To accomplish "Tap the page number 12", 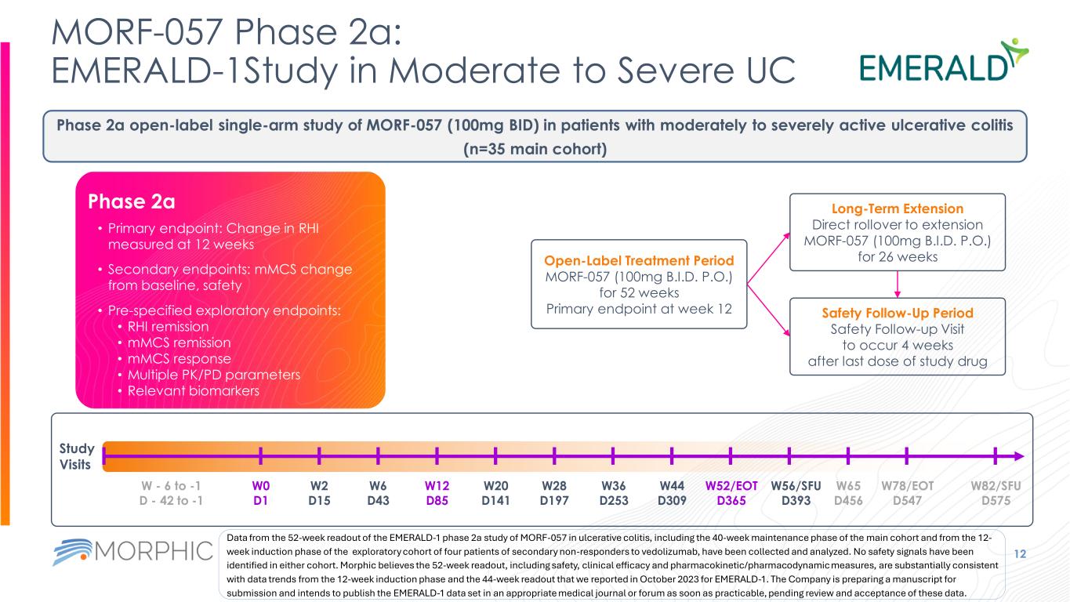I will [x=1043, y=554].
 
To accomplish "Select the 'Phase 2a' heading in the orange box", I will [x=131, y=201].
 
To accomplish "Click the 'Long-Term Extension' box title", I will [x=896, y=209].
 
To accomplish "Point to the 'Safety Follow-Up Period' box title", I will [x=896, y=312].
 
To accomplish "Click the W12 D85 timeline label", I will [x=437, y=493].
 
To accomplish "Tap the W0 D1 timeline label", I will [x=260, y=493].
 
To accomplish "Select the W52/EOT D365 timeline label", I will [x=731, y=493].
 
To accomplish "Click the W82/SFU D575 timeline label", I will [x=996, y=493].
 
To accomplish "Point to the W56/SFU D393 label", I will [x=796, y=493].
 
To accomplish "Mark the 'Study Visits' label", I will [x=77, y=456].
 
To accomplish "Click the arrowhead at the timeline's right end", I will [x=1017, y=456].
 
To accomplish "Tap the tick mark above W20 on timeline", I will [x=495, y=456].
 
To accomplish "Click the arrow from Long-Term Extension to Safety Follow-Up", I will [x=896, y=284].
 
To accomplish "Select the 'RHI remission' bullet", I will [x=162, y=326].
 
